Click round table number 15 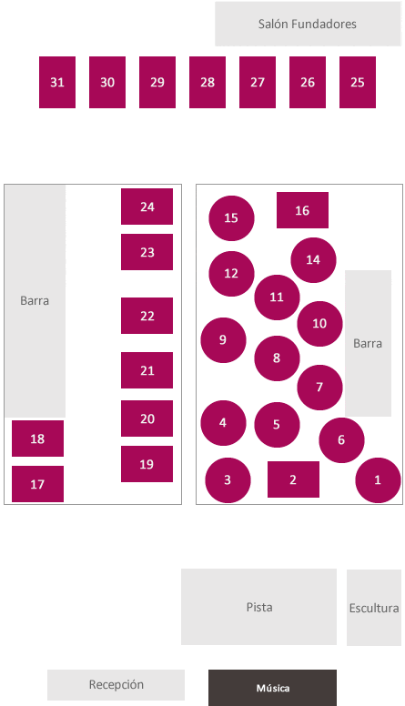[x=231, y=218]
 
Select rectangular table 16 [x=302, y=210]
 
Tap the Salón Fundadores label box [x=308, y=24]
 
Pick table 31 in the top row [x=57, y=83]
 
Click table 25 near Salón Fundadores [x=358, y=83]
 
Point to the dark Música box [x=272, y=688]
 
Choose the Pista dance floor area [x=259, y=607]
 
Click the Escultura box [x=374, y=608]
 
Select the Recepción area [x=116, y=685]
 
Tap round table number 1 [x=378, y=480]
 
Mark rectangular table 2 [x=293, y=479]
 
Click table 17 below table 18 [x=37, y=484]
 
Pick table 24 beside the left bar [x=147, y=207]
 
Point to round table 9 [x=224, y=340]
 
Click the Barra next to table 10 [x=368, y=344]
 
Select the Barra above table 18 [x=35, y=301]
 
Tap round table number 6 [x=341, y=440]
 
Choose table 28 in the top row [x=208, y=83]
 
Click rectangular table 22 [x=147, y=316]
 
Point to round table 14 [x=314, y=260]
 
